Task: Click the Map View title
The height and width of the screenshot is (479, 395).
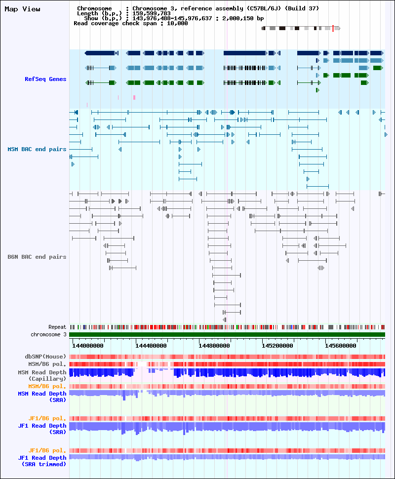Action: click(22, 9)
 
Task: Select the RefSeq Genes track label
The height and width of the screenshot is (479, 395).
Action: click(45, 79)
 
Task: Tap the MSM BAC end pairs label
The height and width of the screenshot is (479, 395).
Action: click(37, 150)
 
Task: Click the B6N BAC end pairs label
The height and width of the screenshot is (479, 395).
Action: click(37, 257)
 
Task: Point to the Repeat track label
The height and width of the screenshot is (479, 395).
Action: click(57, 327)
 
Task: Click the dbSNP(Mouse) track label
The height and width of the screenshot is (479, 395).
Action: click(45, 357)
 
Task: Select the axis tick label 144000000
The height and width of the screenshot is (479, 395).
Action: click(88, 346)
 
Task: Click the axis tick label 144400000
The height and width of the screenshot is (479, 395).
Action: click(151, 346)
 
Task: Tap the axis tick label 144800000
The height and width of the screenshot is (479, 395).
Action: click(214, 346)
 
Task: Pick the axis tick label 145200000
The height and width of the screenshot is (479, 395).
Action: click(277, 346)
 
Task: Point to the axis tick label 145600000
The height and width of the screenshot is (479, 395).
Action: click(341, 346)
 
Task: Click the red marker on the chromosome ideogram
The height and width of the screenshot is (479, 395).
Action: click(333, 29)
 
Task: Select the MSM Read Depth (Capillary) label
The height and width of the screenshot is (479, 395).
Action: click(42, 375)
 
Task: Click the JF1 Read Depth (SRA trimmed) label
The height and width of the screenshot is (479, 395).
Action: click(42, 461)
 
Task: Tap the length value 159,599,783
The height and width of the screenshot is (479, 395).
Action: click(152, 13)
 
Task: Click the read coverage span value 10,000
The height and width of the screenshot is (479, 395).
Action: click(177, 23)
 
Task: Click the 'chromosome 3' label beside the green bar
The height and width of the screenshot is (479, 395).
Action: click(48, 334)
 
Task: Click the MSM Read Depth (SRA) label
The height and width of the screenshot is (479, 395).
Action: click(42, 397)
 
